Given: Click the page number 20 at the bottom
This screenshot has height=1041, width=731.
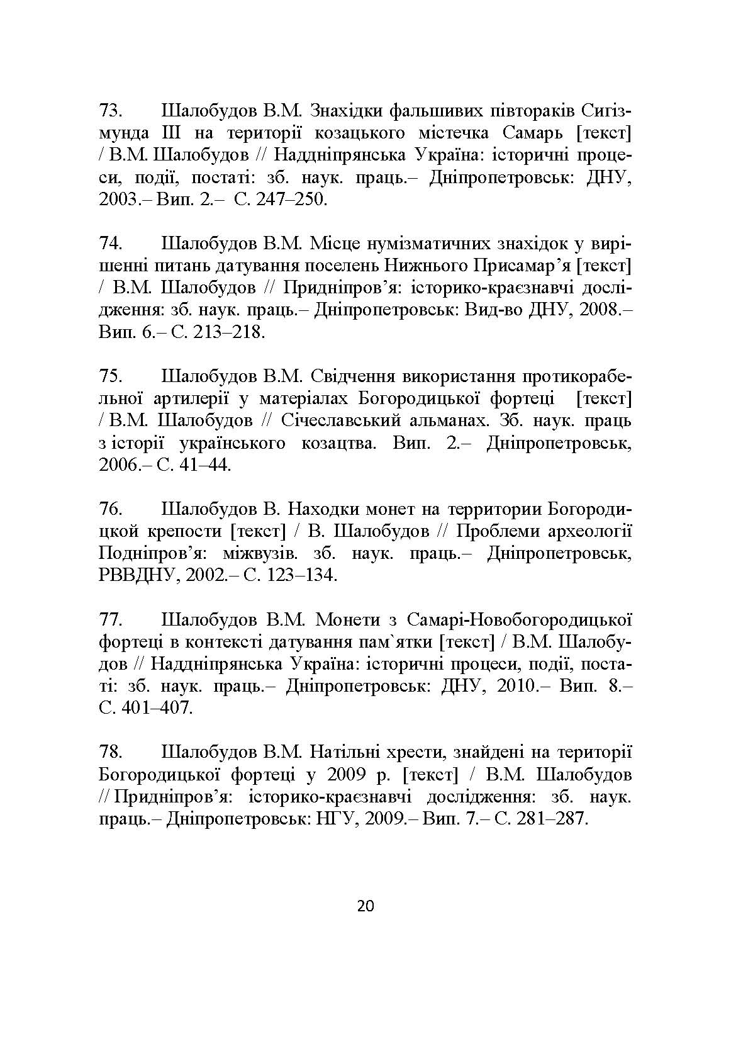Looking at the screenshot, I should coord(365,906).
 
